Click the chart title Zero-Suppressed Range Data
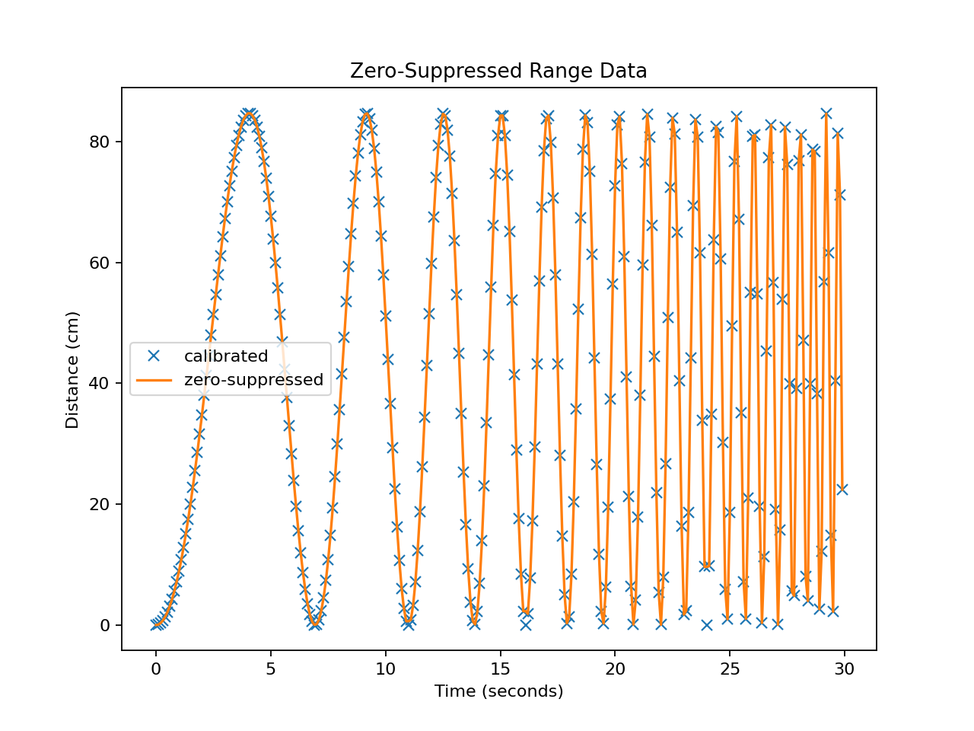[498, 71]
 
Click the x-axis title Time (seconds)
[498, 691]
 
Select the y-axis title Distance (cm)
[72, 369]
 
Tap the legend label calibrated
[226, 356]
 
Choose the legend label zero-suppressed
[253, 380]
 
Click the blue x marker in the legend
[154, 356]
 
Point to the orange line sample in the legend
[154, 380]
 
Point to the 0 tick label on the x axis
[156, 669]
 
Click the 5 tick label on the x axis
[271, 669]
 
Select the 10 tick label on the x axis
[386, 669]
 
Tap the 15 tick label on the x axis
[500, 669]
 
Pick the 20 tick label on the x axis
[615, 669]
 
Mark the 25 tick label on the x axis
[730, 669]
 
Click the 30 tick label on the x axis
[845, 669]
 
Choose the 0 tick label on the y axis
[106, 625]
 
